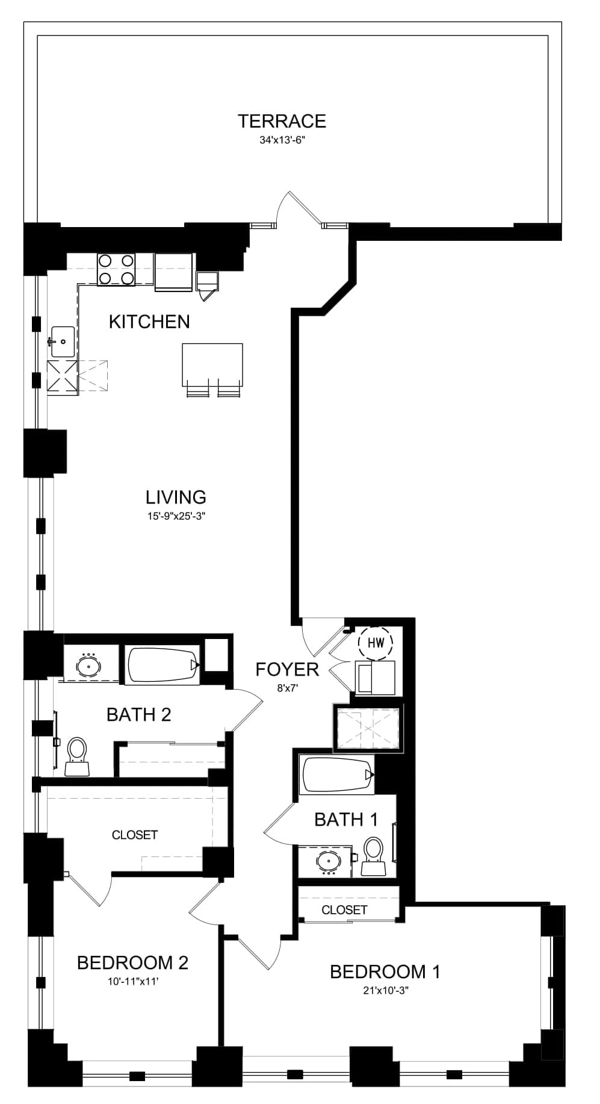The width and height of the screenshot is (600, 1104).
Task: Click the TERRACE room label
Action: (282, 121)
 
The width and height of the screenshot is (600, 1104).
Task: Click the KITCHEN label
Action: (149, 322)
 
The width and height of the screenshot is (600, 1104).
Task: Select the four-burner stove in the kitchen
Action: (116, 269)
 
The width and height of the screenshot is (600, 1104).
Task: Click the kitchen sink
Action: (63, 341)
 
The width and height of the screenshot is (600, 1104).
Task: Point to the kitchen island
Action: (212, 365)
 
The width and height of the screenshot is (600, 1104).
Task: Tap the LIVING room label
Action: (176, 497)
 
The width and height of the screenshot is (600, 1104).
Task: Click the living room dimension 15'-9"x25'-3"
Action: (176, 516)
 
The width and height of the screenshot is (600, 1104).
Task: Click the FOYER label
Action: (287, 669)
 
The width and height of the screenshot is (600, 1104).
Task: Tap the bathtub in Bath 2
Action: (163, 665)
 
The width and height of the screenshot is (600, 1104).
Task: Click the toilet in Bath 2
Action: (76, 757)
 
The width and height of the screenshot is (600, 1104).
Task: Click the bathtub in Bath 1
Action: (338, 775)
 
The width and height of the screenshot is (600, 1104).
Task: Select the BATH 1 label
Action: (346, 819)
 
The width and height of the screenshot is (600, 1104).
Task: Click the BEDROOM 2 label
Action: (132, 962)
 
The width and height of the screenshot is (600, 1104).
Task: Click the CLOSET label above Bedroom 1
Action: (344, 909)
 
